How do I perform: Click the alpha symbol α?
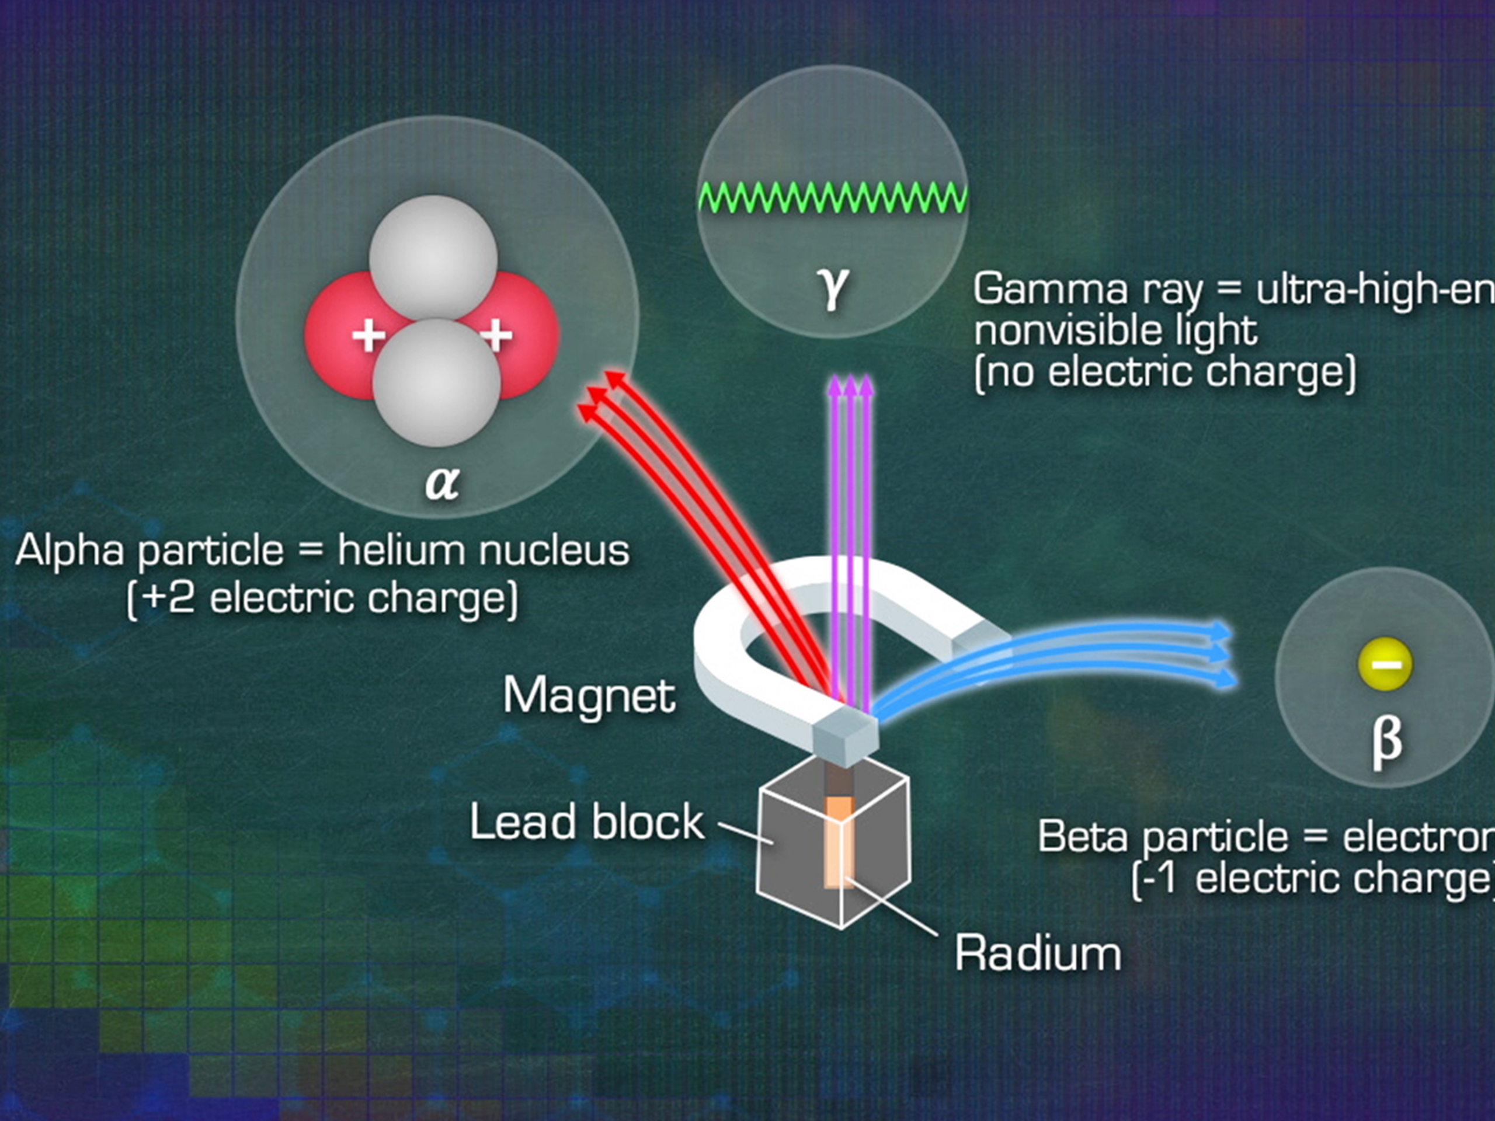(442, 482)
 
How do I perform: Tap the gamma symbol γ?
(833, 288)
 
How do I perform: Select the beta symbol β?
(1386, 741)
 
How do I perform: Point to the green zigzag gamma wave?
(833, 198)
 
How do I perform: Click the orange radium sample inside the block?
(839, 841)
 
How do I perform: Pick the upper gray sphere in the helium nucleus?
(433, 258)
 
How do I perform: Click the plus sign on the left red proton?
(369, 335)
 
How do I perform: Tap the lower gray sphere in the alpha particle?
(437, 382)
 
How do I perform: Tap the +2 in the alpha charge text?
(168, 598)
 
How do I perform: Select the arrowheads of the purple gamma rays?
(850, 387)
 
